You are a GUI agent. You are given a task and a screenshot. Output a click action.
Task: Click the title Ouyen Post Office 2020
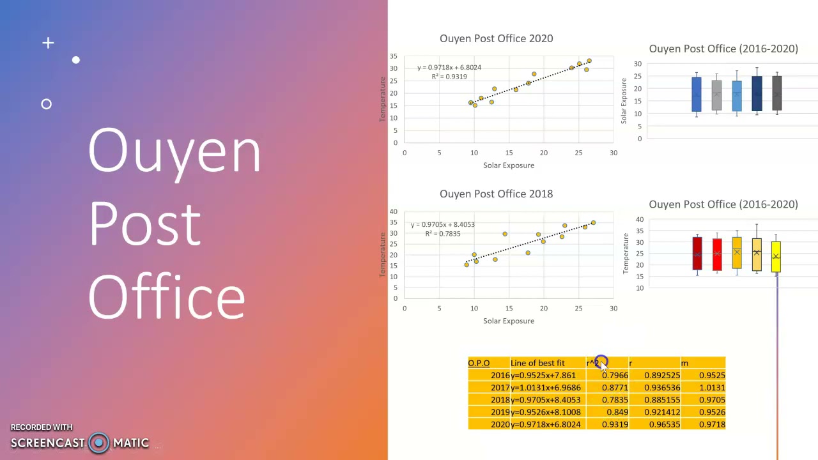[496, 38]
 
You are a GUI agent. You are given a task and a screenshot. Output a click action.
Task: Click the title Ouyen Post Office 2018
[496, 194]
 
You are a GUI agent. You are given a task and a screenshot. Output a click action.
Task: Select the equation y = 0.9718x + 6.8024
[449, 67]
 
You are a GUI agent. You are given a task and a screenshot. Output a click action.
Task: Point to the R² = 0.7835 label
[442, 234]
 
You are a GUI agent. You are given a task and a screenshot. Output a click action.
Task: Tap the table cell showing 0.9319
[614, 424]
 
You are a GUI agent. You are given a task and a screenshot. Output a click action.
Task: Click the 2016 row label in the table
[500, 376]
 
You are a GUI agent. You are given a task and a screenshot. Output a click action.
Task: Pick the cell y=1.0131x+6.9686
[546, 388]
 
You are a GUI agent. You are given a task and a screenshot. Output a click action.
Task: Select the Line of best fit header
[537, 363]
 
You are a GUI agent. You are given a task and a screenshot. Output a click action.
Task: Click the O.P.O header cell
[479, 363]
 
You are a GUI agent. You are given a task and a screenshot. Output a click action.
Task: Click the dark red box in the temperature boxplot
[697, 254]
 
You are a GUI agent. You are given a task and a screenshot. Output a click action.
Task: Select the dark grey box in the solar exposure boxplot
[776, 93]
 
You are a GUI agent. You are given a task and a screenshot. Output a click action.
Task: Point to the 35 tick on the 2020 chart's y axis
[394, 56]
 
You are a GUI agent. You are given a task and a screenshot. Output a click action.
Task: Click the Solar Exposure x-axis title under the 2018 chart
[509, 321]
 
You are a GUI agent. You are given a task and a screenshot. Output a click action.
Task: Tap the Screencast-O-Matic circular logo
[99, 443]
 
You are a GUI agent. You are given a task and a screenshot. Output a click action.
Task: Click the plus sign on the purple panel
[48, 43]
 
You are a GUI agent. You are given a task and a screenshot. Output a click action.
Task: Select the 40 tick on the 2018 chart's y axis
[394, 211]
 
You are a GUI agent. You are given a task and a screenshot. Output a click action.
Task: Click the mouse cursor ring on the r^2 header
[601, 362]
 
